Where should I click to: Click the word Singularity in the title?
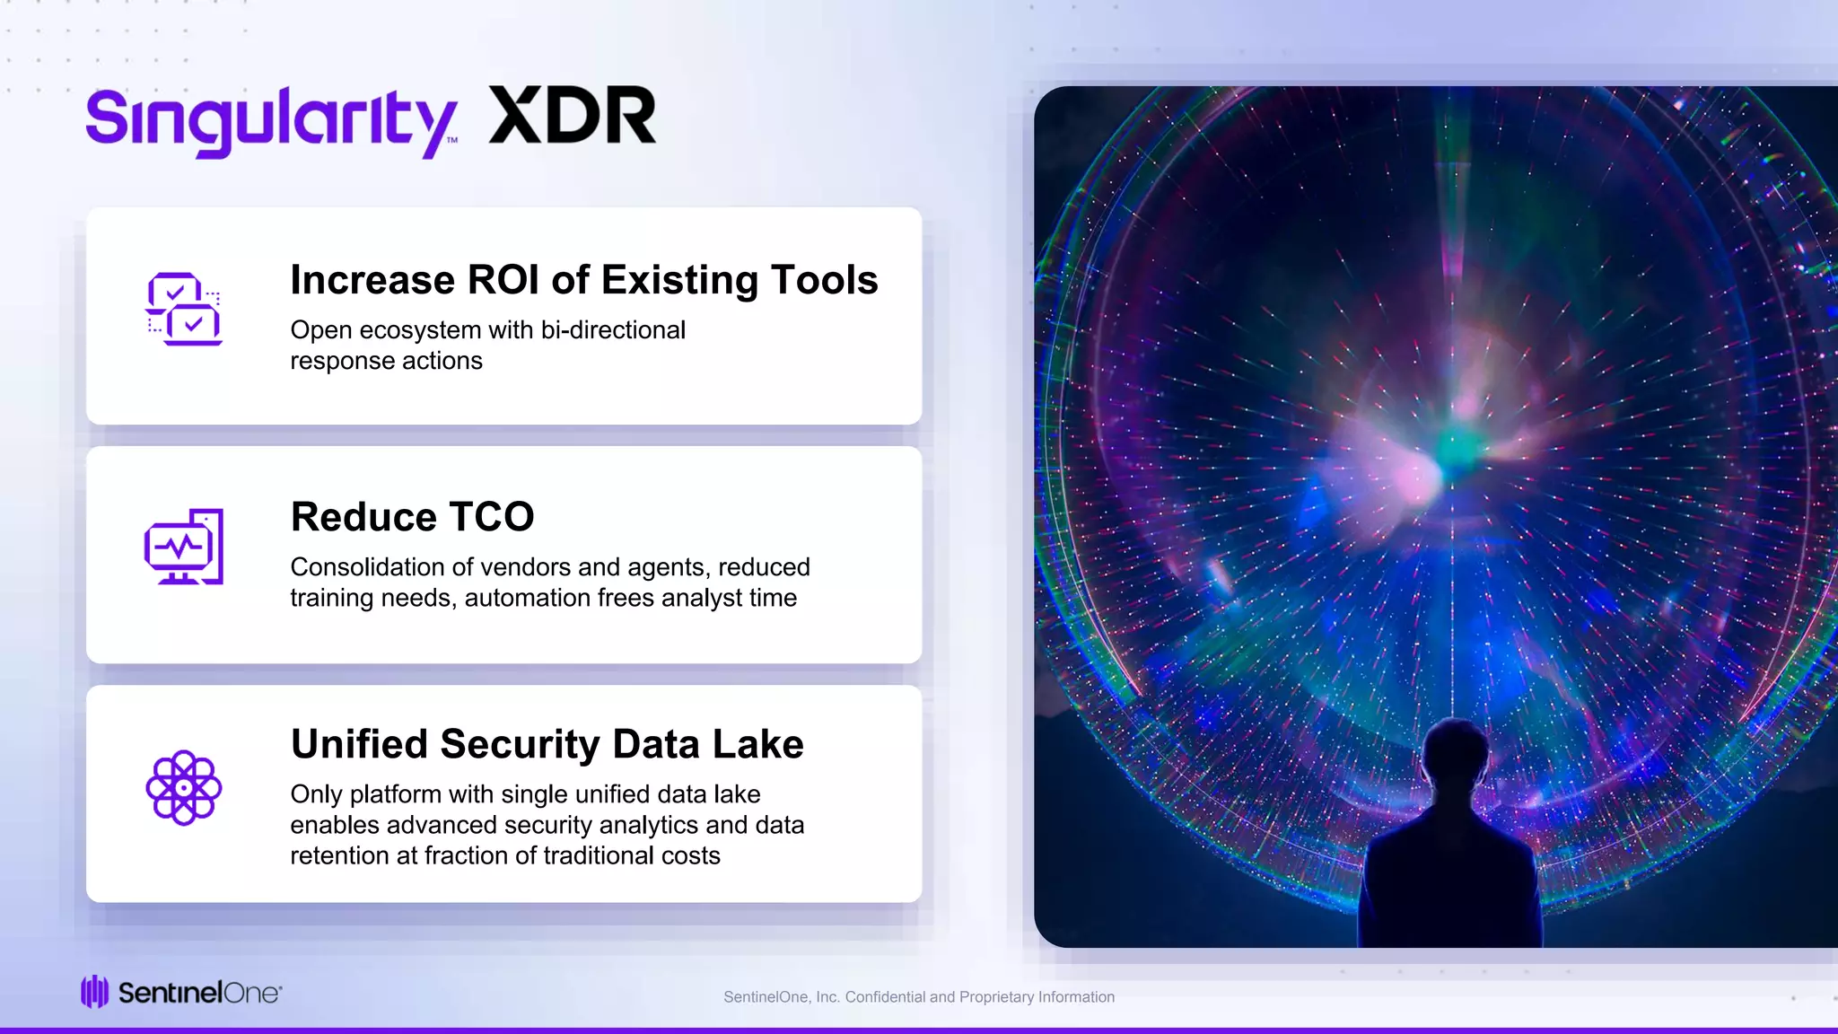pos(271,121)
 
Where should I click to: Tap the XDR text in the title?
pos(573,117)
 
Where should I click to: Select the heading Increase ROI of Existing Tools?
pos(583,280)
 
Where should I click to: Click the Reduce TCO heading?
pos(412,517)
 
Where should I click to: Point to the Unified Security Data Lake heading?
pos(547,744)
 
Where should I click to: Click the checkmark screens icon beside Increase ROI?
pos(184,309)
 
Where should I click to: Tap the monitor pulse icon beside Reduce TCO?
pos(184,547)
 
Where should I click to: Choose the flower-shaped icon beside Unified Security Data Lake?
pos(183,787)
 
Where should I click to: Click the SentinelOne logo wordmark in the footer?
pos(199,993)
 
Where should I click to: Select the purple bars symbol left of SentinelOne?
pos(94,992)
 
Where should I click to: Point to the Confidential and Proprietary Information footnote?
pos(919,997)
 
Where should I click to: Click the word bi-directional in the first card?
pos(613,330)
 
